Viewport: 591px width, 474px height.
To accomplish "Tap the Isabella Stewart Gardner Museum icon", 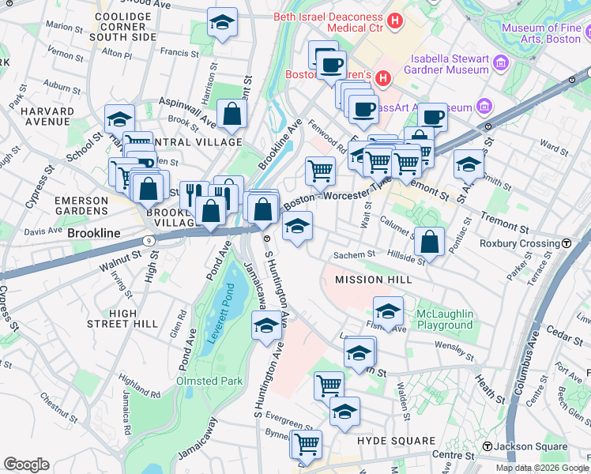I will coord(500,62).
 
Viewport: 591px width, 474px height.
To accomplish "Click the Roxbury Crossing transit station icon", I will coord(567,243).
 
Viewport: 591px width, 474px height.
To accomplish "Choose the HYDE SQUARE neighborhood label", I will coord(396,440).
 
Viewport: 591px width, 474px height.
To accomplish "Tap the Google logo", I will coord(26,465).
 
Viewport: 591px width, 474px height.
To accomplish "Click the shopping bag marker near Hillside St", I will coord(429,242).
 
